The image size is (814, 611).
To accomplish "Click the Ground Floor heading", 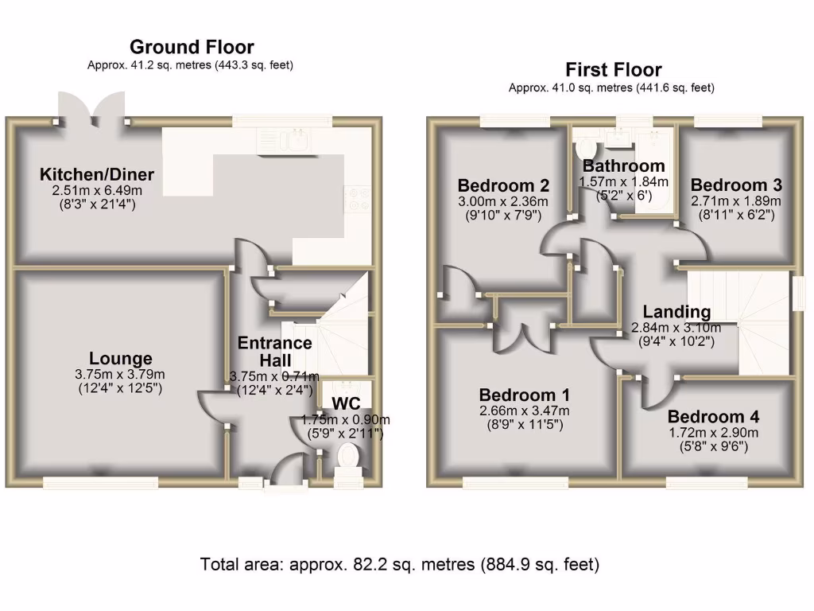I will [x=192, y=47].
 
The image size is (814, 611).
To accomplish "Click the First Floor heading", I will [x=613, y=70].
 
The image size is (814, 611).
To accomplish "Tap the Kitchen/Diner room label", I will [x=97, y=175].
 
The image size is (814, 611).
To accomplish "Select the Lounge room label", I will [x=120, y=359].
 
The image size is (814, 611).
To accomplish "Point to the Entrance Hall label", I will [x=274, y=351].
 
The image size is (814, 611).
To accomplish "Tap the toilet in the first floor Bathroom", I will [x=587, y=148].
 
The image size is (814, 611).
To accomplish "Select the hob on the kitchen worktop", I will [x=355, y=197].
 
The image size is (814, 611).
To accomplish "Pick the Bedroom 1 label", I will [x=524, y=395].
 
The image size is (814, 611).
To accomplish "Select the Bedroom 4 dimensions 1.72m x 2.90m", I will [x=713, y=434].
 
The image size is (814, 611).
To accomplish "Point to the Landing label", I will [x=676, y=312].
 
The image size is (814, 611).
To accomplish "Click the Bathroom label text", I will [x=623, y=166].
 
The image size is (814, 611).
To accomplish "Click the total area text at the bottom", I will [x=399, y=565].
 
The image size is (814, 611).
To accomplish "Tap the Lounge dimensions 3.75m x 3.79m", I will [x=120, y=375].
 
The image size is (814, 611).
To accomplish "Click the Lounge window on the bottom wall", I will [x=100, y=482].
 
